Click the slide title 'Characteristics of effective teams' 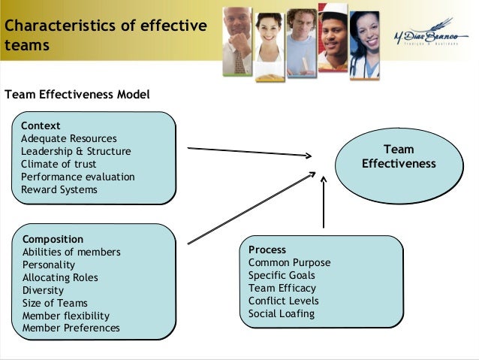pos(104,35)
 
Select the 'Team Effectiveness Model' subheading pos(77,95)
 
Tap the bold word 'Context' pos(41,126)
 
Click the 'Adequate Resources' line pos(69,138)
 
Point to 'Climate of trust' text pos(60,164)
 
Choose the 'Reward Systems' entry pos(59,189)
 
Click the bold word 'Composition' pos(53,239)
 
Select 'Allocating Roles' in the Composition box pos(60,277)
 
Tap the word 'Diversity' pos(43,290)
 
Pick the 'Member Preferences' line pos(71,328)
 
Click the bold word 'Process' pos(267,250)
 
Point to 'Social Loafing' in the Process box pos(282,313)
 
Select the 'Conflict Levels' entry pos(283,301)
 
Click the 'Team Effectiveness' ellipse pos(399,157)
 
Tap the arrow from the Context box pos(249,152)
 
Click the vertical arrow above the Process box pos(324,203)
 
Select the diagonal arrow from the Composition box pos(252,207)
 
